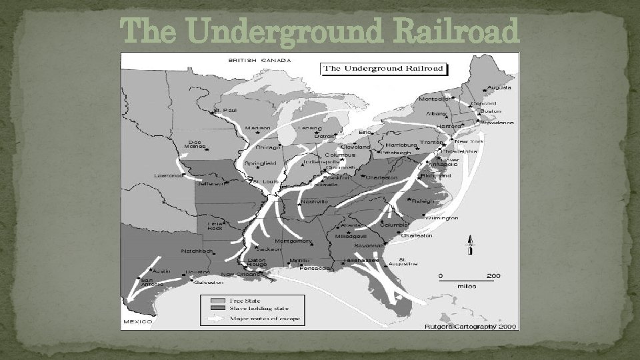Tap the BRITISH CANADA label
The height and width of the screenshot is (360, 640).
259,60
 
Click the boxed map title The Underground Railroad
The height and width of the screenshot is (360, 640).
385,69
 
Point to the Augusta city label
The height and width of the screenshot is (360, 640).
499,87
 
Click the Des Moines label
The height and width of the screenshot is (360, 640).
195,144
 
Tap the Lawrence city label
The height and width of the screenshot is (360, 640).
168,176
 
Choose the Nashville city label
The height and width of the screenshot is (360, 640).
314,201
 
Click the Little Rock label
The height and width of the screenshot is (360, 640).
215,226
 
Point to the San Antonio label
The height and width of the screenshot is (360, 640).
146,283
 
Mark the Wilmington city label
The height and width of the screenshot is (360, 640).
442,218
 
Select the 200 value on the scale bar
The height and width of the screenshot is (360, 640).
493,275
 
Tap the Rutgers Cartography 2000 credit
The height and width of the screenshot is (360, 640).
471,326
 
